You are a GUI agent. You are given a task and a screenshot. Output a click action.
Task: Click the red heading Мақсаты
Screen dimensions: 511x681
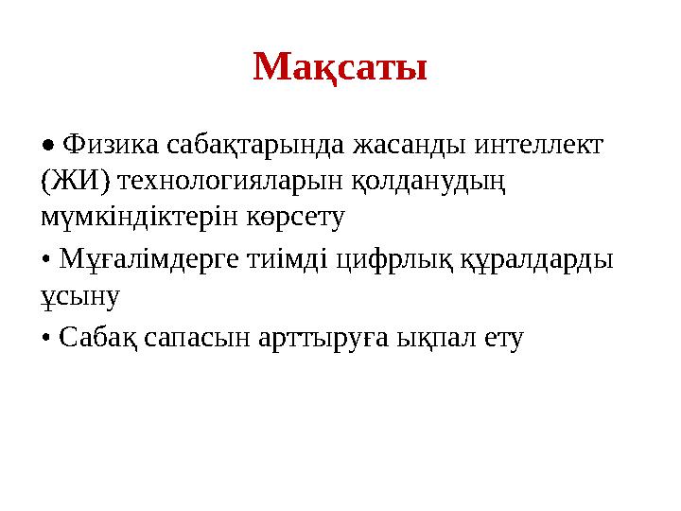[340, 66]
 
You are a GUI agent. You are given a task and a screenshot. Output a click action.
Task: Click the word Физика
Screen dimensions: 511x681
[112, 146]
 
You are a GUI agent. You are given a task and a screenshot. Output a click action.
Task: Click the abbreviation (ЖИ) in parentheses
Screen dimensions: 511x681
[75, 181]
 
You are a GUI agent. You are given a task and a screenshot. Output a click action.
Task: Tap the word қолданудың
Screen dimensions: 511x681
[421, 182]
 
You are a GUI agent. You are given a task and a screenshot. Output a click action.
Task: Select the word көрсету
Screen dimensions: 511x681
[293, 217]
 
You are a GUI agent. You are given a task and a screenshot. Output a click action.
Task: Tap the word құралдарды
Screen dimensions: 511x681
[535, 258]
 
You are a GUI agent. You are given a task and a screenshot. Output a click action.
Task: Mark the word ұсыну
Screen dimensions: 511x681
[80, 296]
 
